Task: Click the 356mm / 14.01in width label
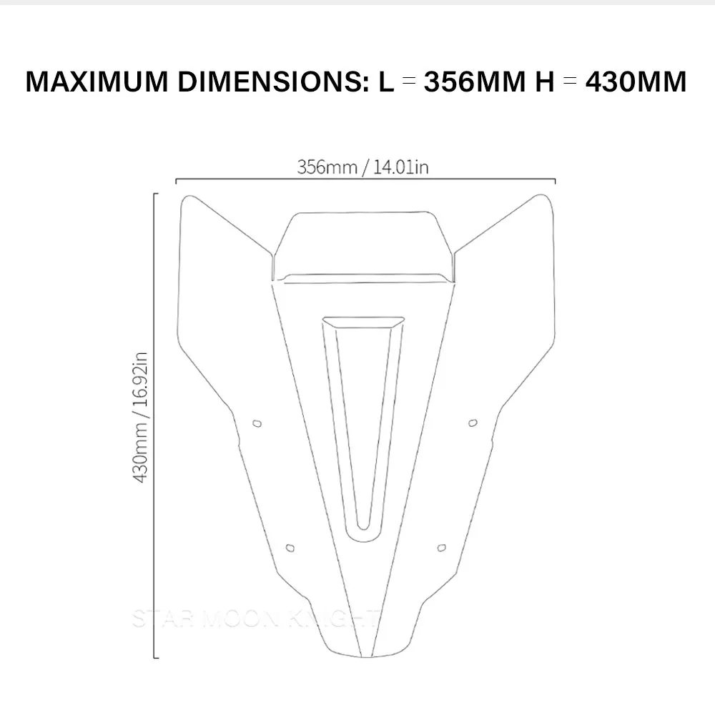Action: pyautogui.click(x=363, y=167)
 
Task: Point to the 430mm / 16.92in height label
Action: pyautogui.click(x=141, y=416)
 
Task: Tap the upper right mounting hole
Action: pyautogui.click(x=472, y=423)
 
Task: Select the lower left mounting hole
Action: pyautogui.click(x=290, y=548)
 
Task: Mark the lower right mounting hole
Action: pyautogui.click(x=441, y=548)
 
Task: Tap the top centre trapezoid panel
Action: pyautogui.click(x=363, y=243)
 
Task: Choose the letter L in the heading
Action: pyautogui.click(x=386, y=82)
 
